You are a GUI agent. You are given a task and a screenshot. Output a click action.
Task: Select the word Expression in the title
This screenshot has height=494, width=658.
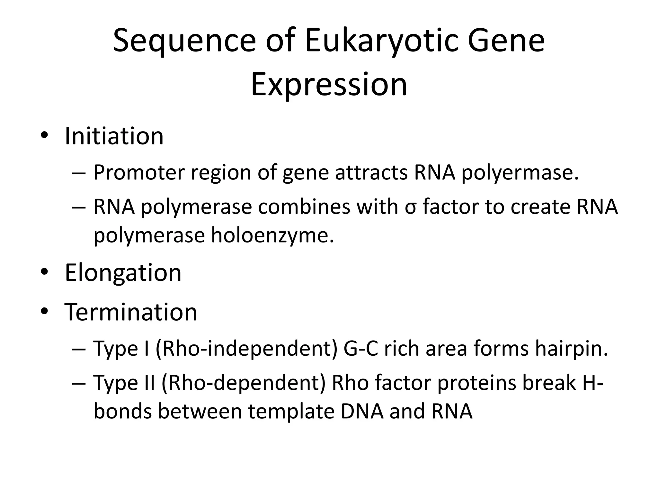[329, 85]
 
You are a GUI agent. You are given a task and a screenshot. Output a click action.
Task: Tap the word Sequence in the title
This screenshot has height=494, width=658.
[184, 41]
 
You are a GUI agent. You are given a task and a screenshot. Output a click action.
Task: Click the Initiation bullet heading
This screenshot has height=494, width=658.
[114, 136]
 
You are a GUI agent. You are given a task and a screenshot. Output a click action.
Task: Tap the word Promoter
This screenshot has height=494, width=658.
[139, 173]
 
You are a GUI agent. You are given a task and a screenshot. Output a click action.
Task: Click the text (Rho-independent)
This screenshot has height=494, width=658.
[246, 349]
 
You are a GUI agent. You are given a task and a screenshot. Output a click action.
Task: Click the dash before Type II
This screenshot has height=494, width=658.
[79, 383]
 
